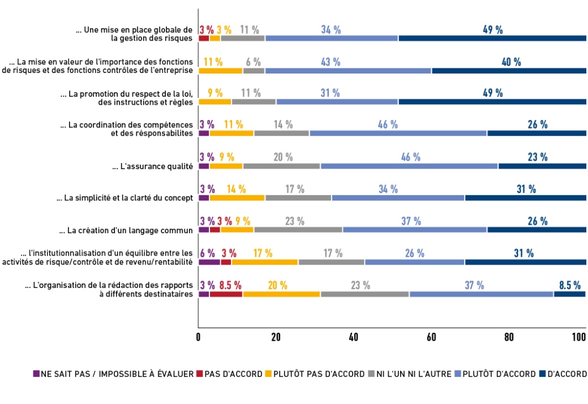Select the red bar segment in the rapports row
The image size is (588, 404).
point(226,294)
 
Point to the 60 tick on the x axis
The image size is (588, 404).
point(431,337)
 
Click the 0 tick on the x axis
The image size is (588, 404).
point(199,337)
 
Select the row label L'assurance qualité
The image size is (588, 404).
point(153,166)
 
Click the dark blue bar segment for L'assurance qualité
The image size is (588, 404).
point(542,166)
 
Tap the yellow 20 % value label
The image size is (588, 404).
point(277,285)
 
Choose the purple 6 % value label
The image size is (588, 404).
point(207,253)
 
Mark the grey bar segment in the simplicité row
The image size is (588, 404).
point(298,197)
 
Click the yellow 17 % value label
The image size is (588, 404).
point(263,253)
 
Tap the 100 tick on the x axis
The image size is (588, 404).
point(578,337)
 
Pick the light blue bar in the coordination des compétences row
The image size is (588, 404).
point(398,133)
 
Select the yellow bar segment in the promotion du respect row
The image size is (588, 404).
point(215,101)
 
